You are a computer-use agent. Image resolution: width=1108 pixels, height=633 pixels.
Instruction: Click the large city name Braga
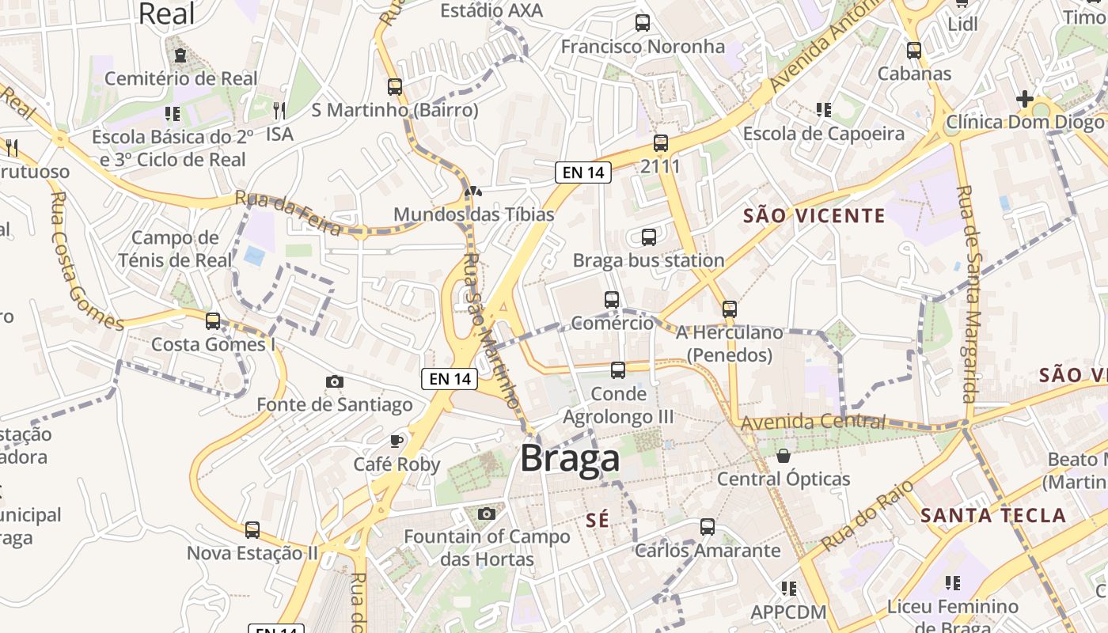(570, 460)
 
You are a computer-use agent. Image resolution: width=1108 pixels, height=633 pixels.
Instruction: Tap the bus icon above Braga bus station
(649, 237)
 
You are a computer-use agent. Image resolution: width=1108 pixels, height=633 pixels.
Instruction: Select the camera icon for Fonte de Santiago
(335, 382)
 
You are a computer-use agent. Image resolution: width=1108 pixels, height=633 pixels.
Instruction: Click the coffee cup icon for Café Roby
(397, 441)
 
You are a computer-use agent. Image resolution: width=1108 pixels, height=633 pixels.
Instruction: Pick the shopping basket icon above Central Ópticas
(784, 456)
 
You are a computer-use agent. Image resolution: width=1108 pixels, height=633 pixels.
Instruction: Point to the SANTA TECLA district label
(993, 516)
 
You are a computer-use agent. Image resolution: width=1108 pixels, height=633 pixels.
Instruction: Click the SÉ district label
(598, 520)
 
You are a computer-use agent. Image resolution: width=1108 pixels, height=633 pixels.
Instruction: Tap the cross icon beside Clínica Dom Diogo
(1025, 99)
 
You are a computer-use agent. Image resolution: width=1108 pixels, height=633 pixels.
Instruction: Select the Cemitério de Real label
(181, 78)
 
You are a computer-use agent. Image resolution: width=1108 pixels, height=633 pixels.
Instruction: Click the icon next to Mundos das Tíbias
(473, 191)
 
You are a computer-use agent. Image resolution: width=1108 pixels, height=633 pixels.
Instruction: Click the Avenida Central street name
(813, 422)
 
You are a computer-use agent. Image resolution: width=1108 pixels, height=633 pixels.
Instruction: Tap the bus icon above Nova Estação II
(252, 529)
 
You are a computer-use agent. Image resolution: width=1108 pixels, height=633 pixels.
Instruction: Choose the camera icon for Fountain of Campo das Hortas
(487, 514)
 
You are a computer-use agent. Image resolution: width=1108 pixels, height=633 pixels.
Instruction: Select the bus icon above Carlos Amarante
(708, 527)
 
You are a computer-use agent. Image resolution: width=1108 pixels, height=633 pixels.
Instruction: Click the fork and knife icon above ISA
(279, 111)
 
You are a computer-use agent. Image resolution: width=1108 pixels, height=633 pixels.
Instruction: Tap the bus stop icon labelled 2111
(661, 143)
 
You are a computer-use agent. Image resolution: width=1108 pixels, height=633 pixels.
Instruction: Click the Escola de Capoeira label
(823, 134)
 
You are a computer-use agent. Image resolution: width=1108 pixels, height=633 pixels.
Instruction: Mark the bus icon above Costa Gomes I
(213, 320)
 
